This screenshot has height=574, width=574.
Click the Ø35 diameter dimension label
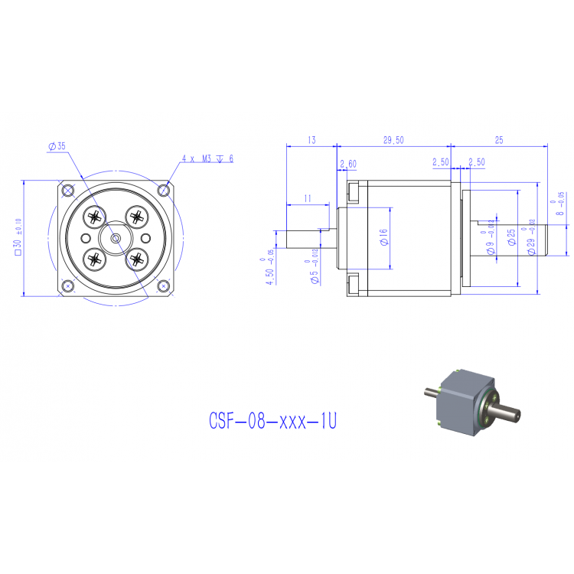tap(57, 145)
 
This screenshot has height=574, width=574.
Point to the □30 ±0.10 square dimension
tap(17, 237)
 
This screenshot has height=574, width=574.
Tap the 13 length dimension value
tap(311, 140)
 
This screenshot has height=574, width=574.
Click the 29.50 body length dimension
tap(393, 140)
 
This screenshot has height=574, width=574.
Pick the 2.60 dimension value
tap(347, 164)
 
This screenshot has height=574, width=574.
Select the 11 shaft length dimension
tap(307, 198)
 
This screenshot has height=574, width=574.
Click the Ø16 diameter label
tap(383, 237)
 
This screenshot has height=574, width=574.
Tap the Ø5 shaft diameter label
tap(312, 272)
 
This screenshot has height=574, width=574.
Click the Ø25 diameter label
tap(511, 237)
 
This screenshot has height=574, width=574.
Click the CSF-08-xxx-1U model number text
tap(272, 422)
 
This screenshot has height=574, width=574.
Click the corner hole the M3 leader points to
tap(163, 189)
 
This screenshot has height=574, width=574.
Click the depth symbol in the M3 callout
tap(220, 159)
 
